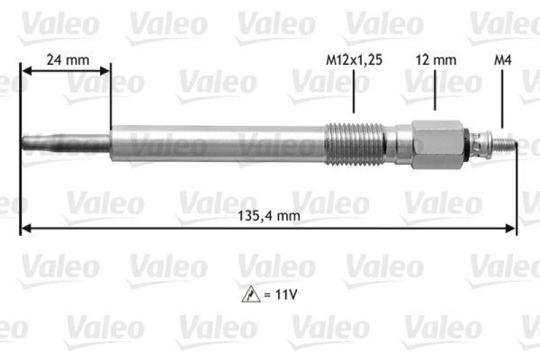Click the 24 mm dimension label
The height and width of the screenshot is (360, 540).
[67, 59]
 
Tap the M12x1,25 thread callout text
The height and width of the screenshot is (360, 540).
[354, 60]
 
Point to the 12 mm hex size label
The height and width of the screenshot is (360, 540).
[435, 60]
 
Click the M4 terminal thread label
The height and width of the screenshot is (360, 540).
[502, 60]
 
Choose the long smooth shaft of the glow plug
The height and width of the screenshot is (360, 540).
[216, 143]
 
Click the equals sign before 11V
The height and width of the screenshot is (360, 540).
[261, 295]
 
